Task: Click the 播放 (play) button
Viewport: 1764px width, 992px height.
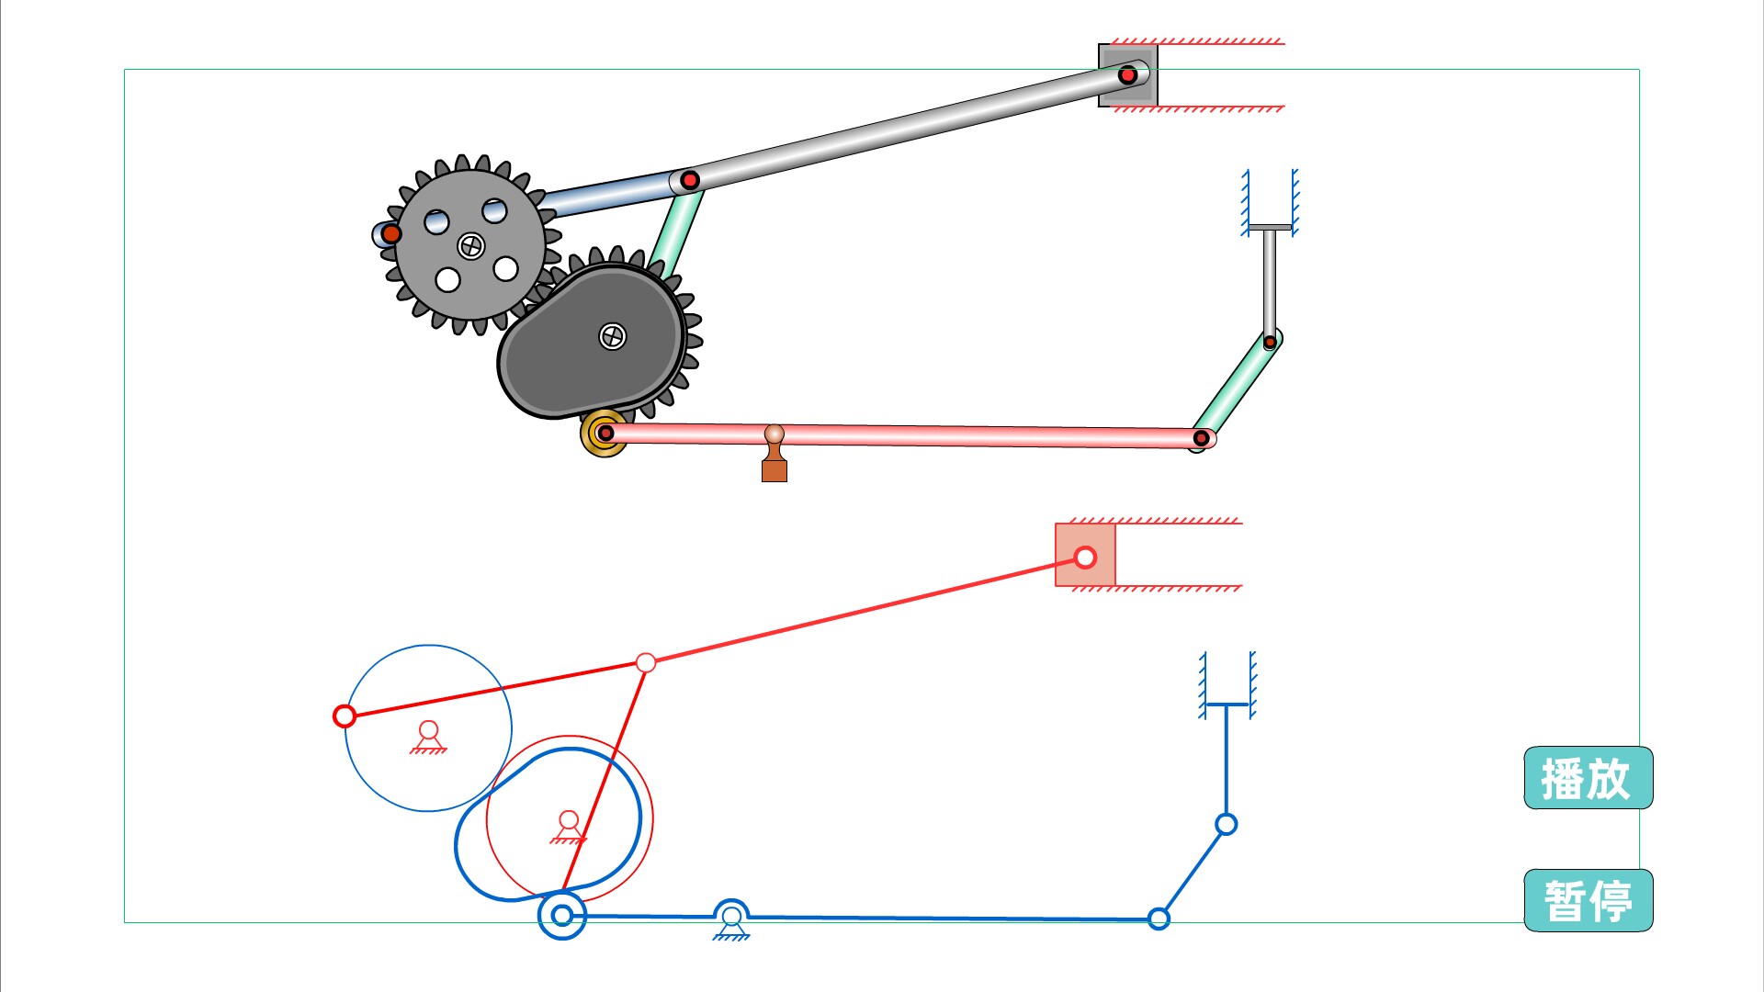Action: (1588, 778)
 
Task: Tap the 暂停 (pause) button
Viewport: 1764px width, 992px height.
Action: (1588, 900)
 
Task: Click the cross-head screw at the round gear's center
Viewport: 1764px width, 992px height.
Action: (471, 245)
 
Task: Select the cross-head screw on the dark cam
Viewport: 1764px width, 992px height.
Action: (612, 336)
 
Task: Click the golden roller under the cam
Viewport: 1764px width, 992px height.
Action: (604, 433)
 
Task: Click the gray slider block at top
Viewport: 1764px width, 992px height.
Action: (1127, 75)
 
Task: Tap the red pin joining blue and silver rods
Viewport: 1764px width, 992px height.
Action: (690, 180)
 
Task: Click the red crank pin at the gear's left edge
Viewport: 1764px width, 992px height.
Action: (391, 233)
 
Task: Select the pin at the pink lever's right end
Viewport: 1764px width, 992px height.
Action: (1201, 438)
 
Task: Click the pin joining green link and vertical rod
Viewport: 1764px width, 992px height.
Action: (1270, 343)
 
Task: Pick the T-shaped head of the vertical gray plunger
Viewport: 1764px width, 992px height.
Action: (1269, 227)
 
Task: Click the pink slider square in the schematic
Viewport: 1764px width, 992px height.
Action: (1085, 556)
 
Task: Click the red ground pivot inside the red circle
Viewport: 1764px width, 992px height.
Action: (569, 823)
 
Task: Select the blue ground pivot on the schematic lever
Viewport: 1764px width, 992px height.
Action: (731, 919)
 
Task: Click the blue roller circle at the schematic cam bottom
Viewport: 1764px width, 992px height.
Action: (561, 915)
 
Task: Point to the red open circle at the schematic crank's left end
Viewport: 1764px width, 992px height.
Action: (345, 716)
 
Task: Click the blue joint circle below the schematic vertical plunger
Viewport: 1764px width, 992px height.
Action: (1226, 824)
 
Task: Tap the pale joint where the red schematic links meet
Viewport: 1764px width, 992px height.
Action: (646, 662)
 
